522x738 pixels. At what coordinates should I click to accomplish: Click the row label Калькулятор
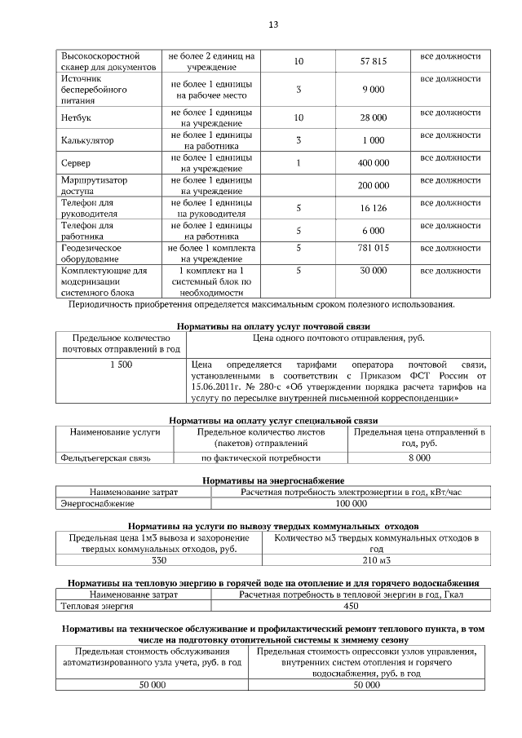[x=87, y=140]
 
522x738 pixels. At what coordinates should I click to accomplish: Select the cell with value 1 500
[x=121, y=365]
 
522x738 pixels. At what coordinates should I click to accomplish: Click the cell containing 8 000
[x=419, y=459]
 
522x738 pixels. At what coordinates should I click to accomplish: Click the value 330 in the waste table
[x=159, y=562]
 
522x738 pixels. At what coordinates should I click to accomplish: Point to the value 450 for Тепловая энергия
[x=351, y=607]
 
